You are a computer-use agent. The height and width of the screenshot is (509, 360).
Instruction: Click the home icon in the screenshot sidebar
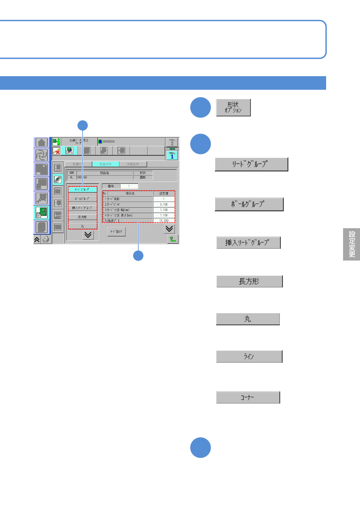(x=41, y=142)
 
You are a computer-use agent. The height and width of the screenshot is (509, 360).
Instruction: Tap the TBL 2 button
(x=172, y=142)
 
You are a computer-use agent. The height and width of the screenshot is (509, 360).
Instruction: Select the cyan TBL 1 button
(x=172, y=155)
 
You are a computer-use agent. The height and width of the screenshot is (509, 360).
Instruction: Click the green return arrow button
(x=173, y=239)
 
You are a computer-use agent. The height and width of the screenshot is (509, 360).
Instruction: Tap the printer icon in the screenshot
(x=46, y=240)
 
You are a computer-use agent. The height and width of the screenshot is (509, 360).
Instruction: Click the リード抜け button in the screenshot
(x=116, y=232)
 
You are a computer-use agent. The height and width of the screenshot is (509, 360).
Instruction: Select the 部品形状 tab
(x=106, y=164)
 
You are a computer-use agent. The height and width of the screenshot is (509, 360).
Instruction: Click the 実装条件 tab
(x=133, y=164)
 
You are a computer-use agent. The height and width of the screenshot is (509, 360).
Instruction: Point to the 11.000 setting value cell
(x=164, y=221)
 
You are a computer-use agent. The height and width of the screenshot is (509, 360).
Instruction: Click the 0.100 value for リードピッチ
(x=164, y=204)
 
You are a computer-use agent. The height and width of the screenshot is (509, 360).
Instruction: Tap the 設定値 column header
(x=164, y=193)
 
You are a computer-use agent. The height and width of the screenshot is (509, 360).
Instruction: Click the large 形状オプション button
(x=233, y=107)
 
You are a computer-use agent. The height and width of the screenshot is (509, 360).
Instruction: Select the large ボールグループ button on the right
(x=249, y=204)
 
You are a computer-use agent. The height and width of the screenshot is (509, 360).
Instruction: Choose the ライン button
(x=249, y=356)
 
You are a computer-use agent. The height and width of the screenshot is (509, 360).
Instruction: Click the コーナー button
(x=248, y=397)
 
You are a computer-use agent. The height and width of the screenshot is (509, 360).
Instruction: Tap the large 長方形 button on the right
(x=249, y=281)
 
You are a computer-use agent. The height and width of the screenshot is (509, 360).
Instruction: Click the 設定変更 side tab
(x=352, y=244)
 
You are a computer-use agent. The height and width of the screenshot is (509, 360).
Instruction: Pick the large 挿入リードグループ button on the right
(x=248, y=242)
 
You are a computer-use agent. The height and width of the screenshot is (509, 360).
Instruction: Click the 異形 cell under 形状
(x=143, y=177)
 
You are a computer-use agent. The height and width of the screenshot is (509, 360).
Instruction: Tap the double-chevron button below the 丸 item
(x=88, y=235)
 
